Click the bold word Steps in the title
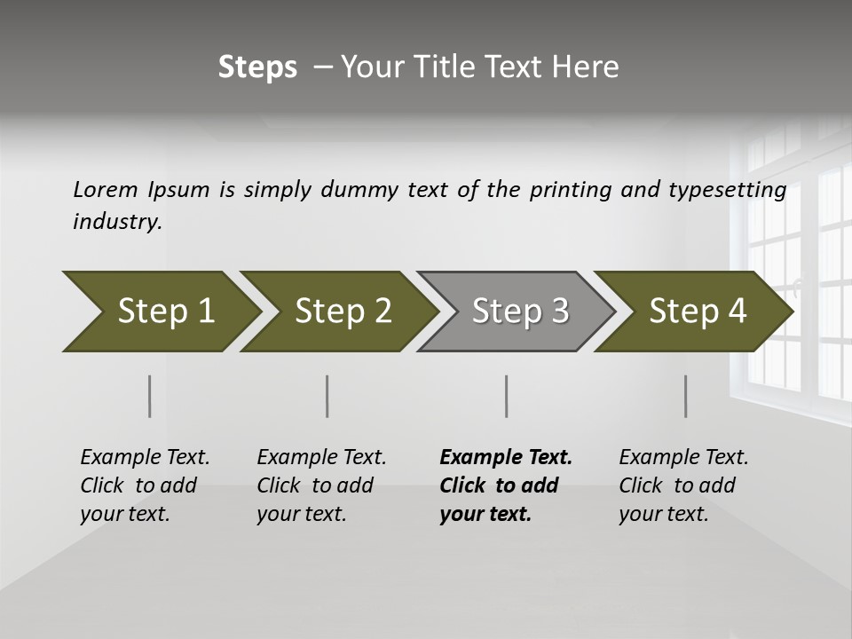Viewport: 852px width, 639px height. tap(257, 67)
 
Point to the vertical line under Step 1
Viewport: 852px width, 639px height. tap(150, 396)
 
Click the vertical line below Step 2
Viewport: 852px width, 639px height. tap(327, 396)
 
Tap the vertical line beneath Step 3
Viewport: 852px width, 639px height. tap(507, 396)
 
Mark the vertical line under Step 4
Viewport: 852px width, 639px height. tap(686, 396)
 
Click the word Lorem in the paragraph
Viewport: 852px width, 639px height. tap(106, 189)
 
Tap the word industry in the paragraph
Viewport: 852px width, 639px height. tap(116, 222)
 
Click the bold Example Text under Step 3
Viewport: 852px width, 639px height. tap(506, 458)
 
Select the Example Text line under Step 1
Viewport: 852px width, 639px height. tap(145, 458)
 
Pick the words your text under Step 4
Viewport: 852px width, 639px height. tap(663, 514)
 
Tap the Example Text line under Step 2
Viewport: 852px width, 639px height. tap(321, 458)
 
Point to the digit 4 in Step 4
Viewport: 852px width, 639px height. tap(736, 312)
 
